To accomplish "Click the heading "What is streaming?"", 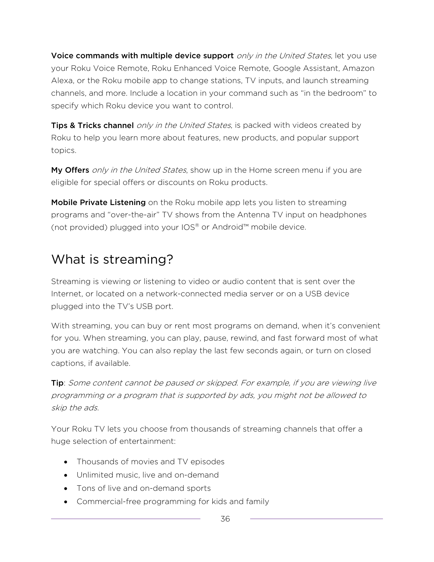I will (112, 260).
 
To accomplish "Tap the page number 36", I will (225, 519).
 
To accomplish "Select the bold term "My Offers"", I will (70, 170).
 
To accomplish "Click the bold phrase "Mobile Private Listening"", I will (98, 202).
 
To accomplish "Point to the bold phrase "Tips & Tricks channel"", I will (92, 125).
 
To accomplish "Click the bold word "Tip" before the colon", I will (57, 383).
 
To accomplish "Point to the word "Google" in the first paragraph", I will (287, 68).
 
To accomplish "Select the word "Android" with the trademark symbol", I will (227, 227).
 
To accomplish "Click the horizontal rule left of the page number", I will (126, 519).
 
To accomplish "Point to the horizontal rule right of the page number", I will (316, 519).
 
